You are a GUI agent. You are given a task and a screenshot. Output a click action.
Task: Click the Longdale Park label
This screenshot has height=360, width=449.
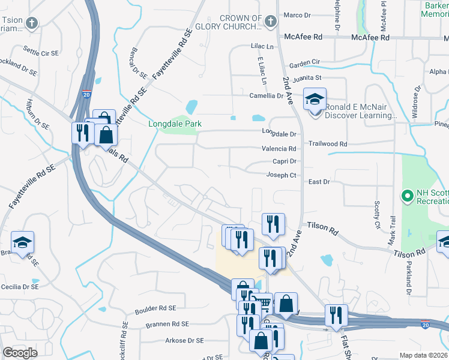click(175, 124)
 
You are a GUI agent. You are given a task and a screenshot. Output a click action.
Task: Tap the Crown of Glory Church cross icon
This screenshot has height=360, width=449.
click(270, 23)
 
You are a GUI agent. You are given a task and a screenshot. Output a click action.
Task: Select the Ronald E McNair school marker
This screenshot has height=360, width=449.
click(314, 99)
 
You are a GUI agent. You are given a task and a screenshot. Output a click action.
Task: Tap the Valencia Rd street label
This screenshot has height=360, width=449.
click(279, 148)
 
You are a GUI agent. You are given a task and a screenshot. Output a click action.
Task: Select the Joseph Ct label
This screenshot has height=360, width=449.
click(282, 175)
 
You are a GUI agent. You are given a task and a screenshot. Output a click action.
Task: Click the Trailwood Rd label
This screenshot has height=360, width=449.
click(328, 144)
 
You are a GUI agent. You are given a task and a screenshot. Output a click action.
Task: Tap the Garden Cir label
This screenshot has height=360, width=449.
click(304, 62)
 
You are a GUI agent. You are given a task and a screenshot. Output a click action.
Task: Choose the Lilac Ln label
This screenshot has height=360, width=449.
click(262, 46)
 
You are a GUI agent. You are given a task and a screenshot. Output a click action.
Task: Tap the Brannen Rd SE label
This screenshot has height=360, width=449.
click(167, 323)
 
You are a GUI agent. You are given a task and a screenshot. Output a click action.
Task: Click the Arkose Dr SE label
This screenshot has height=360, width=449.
click(184, 340)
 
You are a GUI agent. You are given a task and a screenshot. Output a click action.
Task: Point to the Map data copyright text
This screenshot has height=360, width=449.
click(423, 355)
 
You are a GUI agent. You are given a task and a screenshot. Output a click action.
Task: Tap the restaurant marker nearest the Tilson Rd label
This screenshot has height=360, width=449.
click(273, 224)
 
